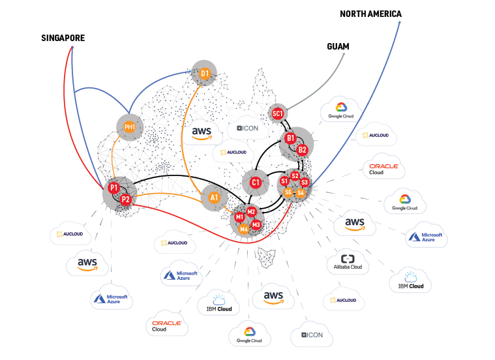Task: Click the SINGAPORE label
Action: click(63, 38)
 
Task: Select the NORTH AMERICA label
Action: click(370, 14)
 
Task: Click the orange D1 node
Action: click(205, 74)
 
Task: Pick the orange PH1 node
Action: click(130, 127)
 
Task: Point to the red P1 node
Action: click(114, 188)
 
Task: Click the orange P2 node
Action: click(126, 200)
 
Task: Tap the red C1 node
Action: click(256, 183)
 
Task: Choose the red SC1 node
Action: click(278, 114)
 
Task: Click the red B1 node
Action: click(291, 138)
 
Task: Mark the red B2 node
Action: click(302, 149)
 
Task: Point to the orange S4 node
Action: click(300, 193)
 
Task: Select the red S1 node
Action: click(284, 181)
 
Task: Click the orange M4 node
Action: click(243, 228)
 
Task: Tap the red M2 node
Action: click(251, 211)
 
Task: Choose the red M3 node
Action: click(256, 224)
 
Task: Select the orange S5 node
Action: click(288, 192)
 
